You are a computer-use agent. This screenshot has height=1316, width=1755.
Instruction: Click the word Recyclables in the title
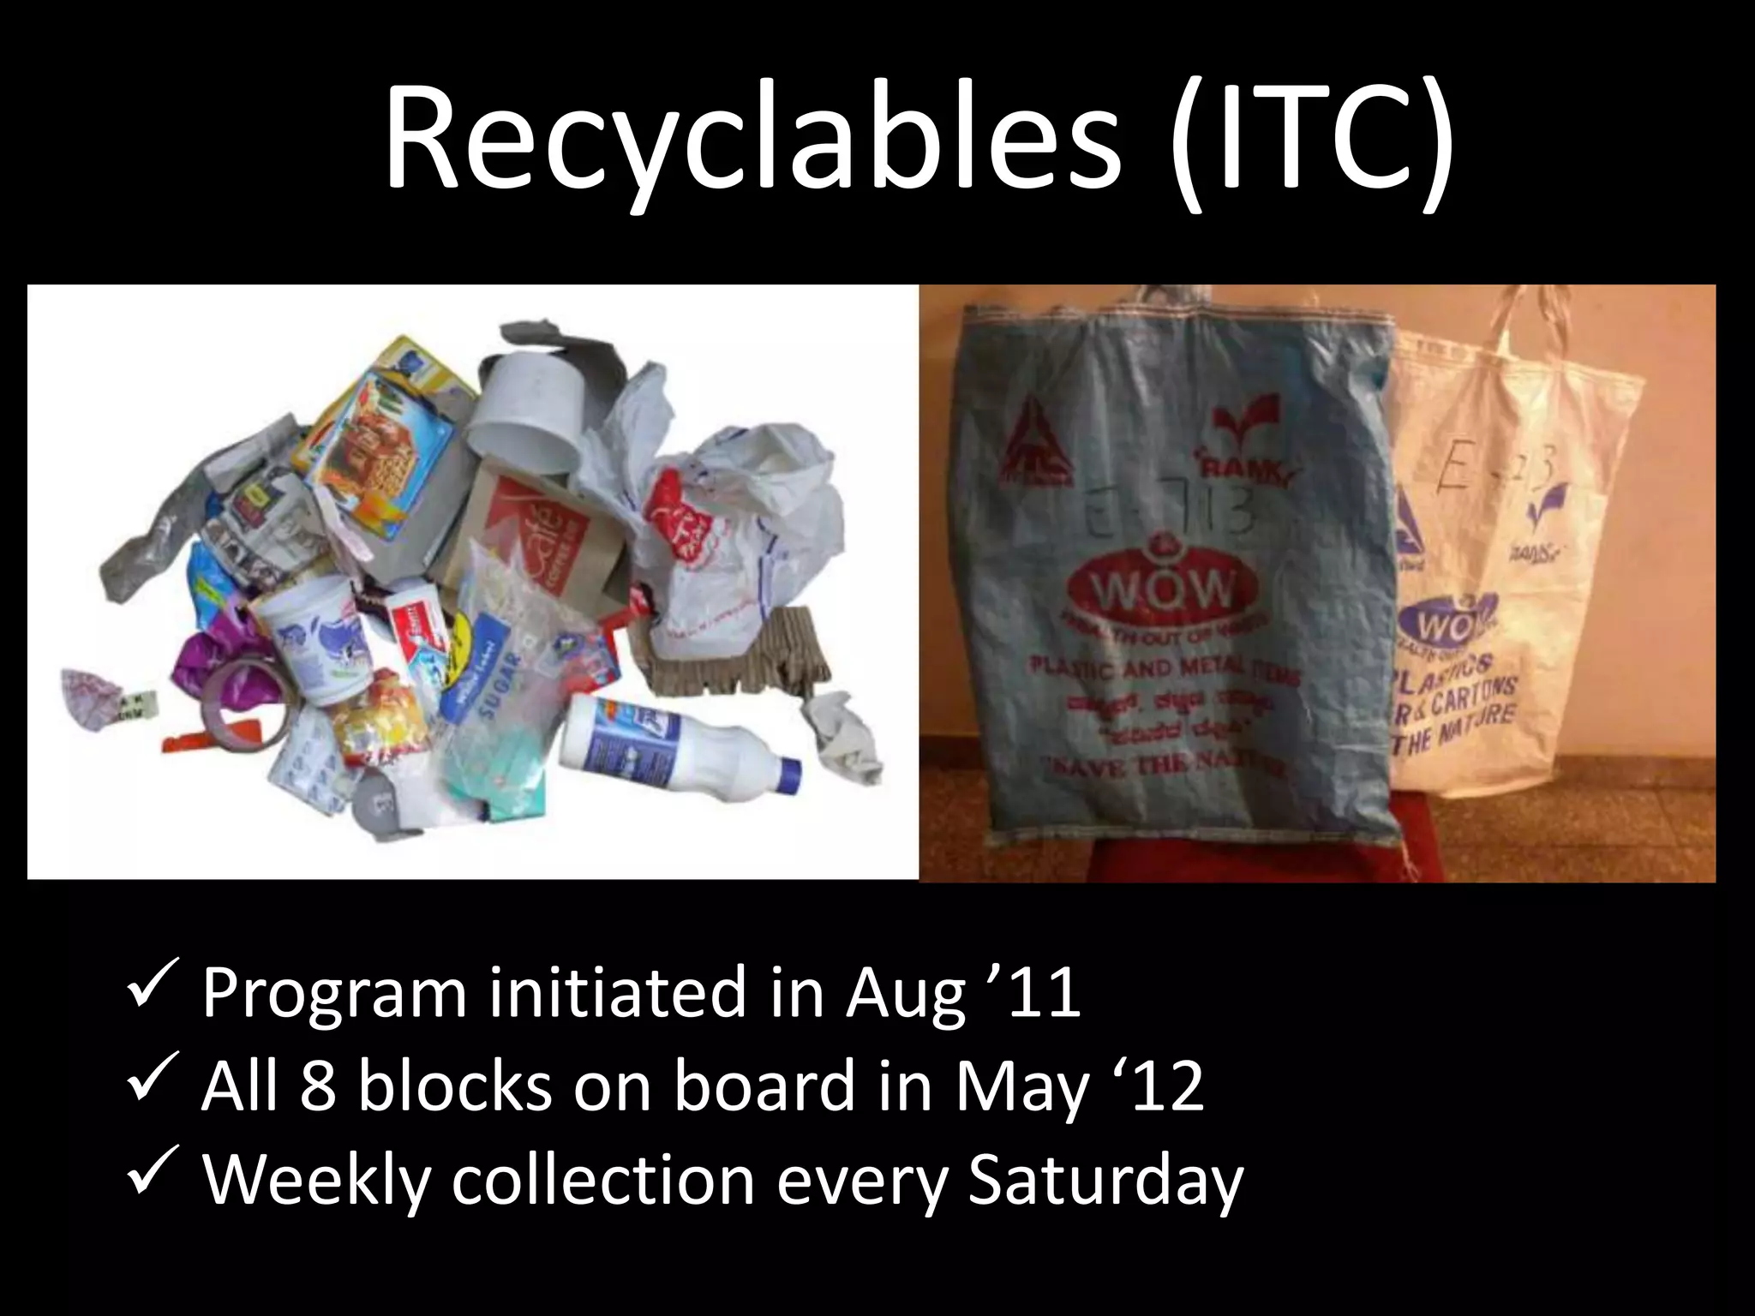[751, 137]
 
